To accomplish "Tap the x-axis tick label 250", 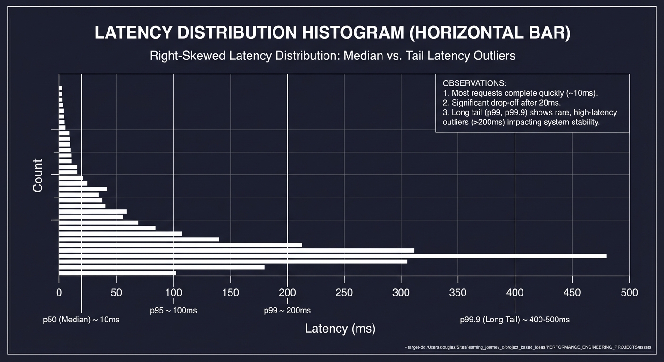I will click(344, 293).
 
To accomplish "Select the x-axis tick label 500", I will click(629, 293).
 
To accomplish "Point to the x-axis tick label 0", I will click(59, 293).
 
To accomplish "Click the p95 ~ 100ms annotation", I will click(173, 311).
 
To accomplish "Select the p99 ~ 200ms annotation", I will click(287, 311).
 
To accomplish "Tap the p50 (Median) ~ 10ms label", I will click(81, 320).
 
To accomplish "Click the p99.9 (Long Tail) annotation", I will click(515, 320).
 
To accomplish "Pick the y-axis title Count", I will click(38, 175).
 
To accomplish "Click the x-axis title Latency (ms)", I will click(340, 329).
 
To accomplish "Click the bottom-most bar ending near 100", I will click(117, 272).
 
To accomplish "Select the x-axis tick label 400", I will click(515, 293).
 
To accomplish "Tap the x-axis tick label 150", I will click(230, 293).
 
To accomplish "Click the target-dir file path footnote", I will click(528, 347).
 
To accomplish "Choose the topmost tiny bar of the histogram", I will click(60, 88).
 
